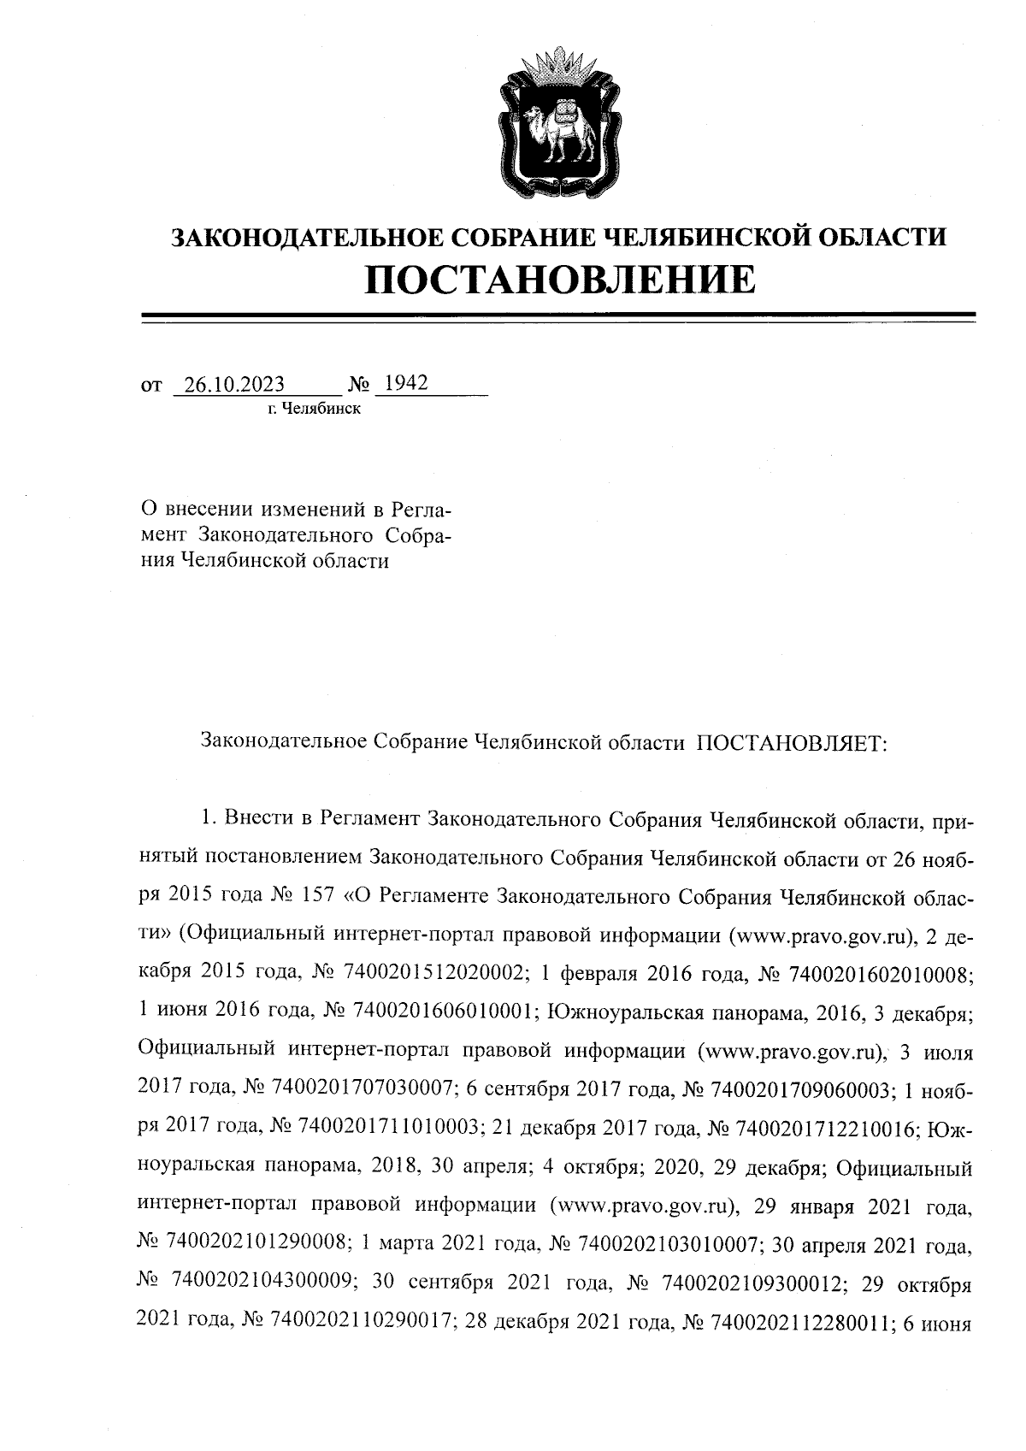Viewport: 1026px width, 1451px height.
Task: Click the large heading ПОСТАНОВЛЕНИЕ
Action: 560,280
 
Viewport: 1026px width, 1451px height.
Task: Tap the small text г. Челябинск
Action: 314,409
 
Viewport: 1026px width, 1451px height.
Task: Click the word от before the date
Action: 151,386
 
